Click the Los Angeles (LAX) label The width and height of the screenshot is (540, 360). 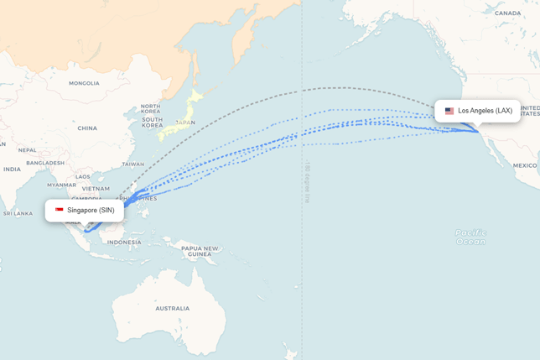point(485,111)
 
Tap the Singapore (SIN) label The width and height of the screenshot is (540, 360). point(91,210)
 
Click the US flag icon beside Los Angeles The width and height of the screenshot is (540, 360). point(449,111)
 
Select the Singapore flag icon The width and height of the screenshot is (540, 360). point(60,210)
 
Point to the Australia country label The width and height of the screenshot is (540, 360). point(172,308)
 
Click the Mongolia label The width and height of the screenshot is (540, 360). point(84,83)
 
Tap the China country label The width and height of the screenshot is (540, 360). point(87,128)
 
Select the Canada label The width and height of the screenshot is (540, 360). point(507,13)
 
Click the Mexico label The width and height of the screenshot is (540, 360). point(525,165)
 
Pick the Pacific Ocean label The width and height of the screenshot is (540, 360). point(470,237)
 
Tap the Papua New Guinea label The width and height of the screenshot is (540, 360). point(200,251)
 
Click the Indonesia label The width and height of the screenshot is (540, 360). point(124,243)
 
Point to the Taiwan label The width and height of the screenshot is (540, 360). point(133,164)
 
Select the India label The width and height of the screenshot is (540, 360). point(11,169)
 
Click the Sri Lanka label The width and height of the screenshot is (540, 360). point(17,213)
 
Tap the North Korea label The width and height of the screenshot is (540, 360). point(151,108)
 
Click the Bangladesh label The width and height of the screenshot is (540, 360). point(45,163)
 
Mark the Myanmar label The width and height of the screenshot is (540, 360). point(61,185)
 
